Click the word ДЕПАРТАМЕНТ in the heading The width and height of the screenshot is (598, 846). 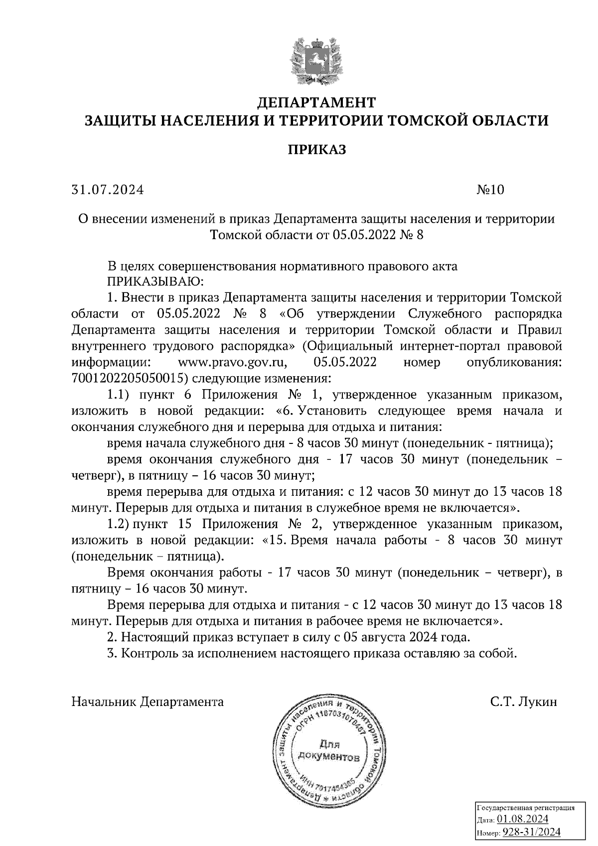click(316, 103)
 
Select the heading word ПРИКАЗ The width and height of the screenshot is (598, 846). click(316, 149)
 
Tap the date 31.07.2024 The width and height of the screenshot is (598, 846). click(108, 190)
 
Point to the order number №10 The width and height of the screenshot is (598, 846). click(490, 190)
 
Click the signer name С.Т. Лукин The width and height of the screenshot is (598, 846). click(523, 702)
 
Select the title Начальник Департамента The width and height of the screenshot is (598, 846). click(148, 702)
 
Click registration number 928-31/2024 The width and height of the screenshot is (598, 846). click(531, 832)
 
